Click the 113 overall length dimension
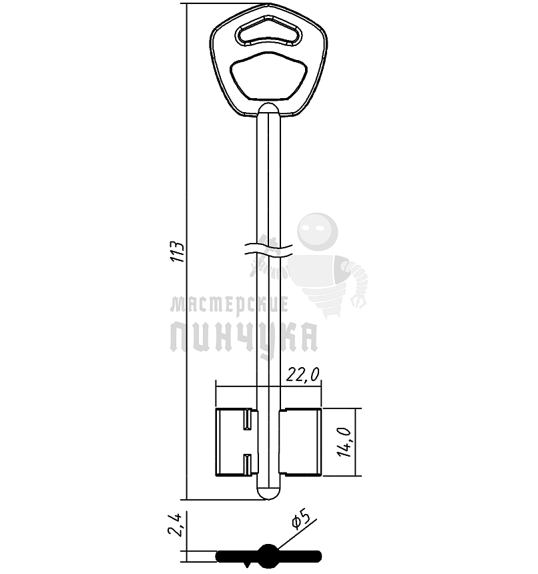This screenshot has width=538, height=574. [179, 252]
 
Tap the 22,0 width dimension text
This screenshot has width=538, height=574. [302, 374]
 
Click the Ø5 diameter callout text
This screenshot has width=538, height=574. [301, 520]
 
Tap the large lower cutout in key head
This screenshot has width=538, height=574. [268, 76]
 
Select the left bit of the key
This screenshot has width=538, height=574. [237, 443]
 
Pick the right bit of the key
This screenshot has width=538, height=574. [300, 443]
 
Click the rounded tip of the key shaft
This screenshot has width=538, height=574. [268, 493]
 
